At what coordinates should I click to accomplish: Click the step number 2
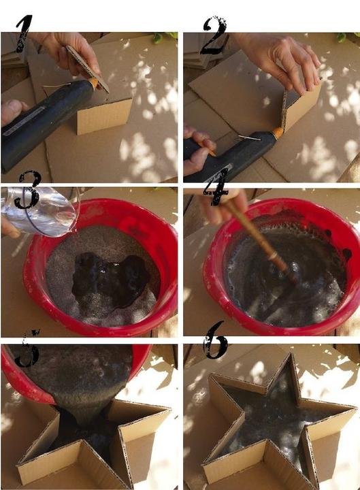coord(214,35)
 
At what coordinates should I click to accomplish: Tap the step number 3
coord(27,189)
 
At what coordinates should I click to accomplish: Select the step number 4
coord(216,188)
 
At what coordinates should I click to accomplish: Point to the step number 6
coord(215,340)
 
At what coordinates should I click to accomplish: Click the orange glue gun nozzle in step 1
coord(94,83)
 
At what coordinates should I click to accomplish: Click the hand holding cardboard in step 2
coord(281,61)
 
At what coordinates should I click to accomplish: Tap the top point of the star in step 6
coord(291,354)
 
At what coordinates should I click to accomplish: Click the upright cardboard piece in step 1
coord(104,116)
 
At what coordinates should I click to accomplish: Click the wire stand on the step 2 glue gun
coord(249,137)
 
